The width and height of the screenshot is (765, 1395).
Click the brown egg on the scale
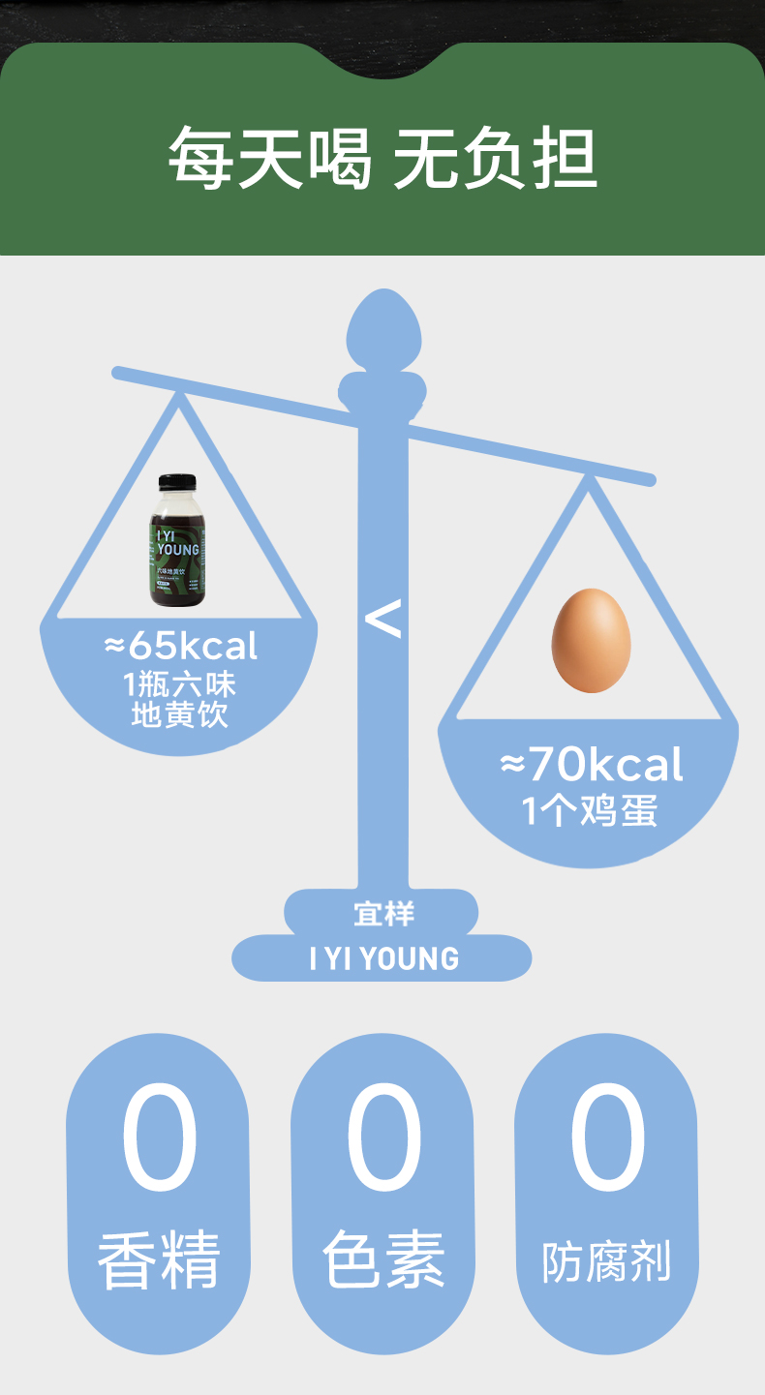(591, 641)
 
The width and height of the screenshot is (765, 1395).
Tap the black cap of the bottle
(177, 482)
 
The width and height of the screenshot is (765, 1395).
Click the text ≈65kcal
(182, 646)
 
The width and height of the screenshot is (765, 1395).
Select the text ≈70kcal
(592, 766)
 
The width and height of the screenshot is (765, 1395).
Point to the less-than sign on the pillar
(383, 620)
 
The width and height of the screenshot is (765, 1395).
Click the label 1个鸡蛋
(590, 810)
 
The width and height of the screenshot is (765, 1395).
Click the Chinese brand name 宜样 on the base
(383, 914)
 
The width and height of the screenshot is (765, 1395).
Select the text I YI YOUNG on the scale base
(383, 959)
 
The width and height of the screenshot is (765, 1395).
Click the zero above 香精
(159, 1138)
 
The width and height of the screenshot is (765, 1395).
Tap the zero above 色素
(383, 1138)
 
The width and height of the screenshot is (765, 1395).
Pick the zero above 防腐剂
(607, 1138)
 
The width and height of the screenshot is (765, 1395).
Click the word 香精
(159, 1259)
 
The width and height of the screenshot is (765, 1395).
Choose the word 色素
(383, 1259)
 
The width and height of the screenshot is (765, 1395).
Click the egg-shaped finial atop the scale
(383, 328)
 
